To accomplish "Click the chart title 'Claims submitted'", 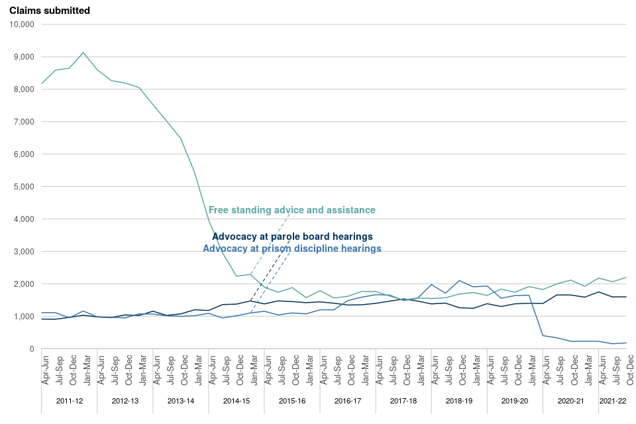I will [50, 11].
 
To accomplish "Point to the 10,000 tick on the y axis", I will [23, 25].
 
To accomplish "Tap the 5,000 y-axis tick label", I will [25, 187].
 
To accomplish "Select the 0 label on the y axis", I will [31, 349].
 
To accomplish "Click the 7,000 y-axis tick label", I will [25, 122].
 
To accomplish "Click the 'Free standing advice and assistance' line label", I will [292, 210].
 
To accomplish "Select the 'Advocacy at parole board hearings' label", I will [292, 237].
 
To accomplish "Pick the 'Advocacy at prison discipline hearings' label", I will [292, 248].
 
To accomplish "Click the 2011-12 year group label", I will [70, 401].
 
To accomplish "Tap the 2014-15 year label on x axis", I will [237, 401].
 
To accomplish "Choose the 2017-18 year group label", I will [403, 401].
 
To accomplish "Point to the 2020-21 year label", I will [570, 401].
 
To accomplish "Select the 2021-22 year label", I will [612, 401].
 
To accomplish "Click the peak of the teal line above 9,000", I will [83, 52].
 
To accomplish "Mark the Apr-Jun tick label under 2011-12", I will [45, 371].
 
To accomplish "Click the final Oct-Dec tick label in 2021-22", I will [629, 371].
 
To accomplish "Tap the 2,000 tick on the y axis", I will [25, 284].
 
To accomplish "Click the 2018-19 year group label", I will [459, 401].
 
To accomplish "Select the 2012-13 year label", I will [125, 401].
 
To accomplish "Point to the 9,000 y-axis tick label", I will [25, 57].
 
